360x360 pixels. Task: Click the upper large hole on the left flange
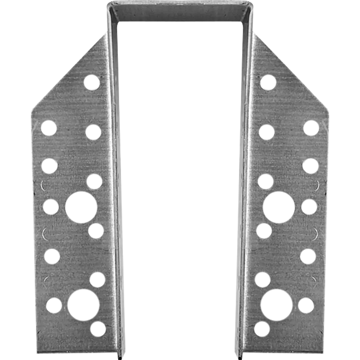[81, 207]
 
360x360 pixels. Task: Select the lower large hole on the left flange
[83, 305]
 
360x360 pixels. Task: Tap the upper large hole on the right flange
[279, 207]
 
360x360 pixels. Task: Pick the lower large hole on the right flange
[277, 305]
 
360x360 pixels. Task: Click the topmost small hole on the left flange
[92, 82]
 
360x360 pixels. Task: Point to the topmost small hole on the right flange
[268, 82]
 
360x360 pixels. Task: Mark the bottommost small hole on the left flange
[98, 328]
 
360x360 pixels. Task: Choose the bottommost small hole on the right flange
[262, 328]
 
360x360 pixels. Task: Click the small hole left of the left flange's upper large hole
[50, 207]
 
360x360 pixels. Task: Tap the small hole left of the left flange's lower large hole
[54, 305]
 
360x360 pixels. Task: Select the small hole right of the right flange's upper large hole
[309, 207]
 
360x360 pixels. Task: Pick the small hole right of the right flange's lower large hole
[306, 305]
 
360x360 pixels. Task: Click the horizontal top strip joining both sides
[180, 13]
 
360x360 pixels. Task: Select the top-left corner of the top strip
[107, 3]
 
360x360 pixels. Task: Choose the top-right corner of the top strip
[253, 3]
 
